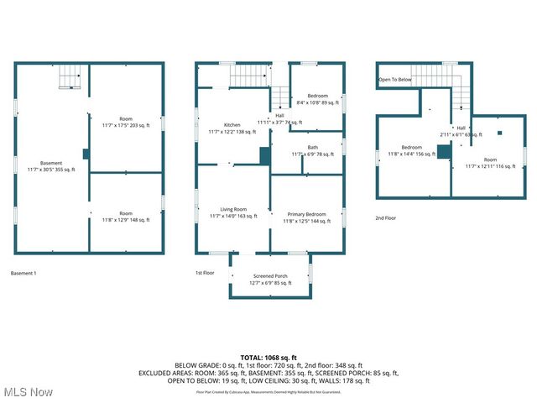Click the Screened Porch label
tap(270, 280)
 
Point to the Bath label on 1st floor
tap(312, 150)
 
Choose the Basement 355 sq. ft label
tap(51, 166)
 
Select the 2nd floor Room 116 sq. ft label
tap(490, 163)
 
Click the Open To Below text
tap(394, 80)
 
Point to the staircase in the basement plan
tap(70, 78)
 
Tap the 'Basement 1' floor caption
tap(23, 274)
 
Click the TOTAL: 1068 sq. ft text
tap(268, 358)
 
